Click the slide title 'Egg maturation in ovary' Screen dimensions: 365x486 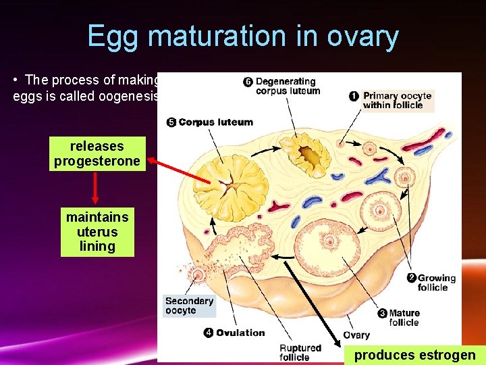tap(243, 36)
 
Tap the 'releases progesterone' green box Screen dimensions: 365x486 tap(97, 153)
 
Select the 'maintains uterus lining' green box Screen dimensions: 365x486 tap(97, 232)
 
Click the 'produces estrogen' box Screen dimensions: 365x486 tap(414, 355)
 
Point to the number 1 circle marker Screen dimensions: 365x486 tap(354, 96)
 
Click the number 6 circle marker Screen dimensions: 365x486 tap(248, 82)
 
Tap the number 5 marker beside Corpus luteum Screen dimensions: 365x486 tap(171, 122)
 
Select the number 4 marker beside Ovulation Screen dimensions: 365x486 tap(209, 333)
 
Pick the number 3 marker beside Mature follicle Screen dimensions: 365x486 tap(382, 314)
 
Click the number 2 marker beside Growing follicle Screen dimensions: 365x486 tap(411, 278)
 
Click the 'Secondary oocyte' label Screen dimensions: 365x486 tap(190, 306)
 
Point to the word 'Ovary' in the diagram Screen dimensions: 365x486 tap(356, 335)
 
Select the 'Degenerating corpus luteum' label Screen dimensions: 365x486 tap(288, 87)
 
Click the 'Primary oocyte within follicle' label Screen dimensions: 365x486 tap(397, 101)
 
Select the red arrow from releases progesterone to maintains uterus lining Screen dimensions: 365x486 tap(95, 187)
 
